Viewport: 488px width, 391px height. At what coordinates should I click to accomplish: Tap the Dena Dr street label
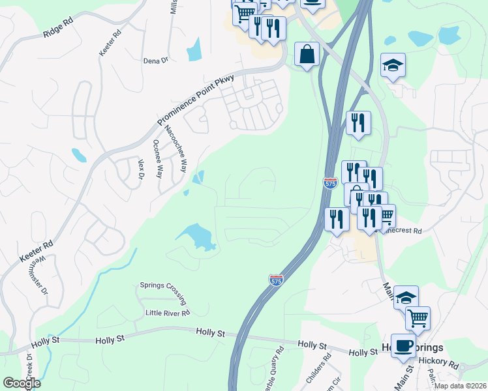[155, 61]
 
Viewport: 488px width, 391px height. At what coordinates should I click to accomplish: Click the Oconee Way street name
[157, 159]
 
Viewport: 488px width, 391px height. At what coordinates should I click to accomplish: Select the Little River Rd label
[167, 313]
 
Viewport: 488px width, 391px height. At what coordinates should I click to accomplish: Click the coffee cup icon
[403, 345]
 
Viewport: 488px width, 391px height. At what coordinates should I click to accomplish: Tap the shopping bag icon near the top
[306, 54]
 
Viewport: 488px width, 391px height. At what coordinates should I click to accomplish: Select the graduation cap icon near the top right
[393, 65]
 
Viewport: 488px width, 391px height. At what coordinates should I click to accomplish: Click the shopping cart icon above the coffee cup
[418, 318]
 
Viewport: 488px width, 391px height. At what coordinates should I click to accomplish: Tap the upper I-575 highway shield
[331, 184]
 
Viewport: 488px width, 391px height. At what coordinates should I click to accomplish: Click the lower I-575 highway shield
[276, 280]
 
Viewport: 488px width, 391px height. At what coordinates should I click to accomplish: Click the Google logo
[22, 383]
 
